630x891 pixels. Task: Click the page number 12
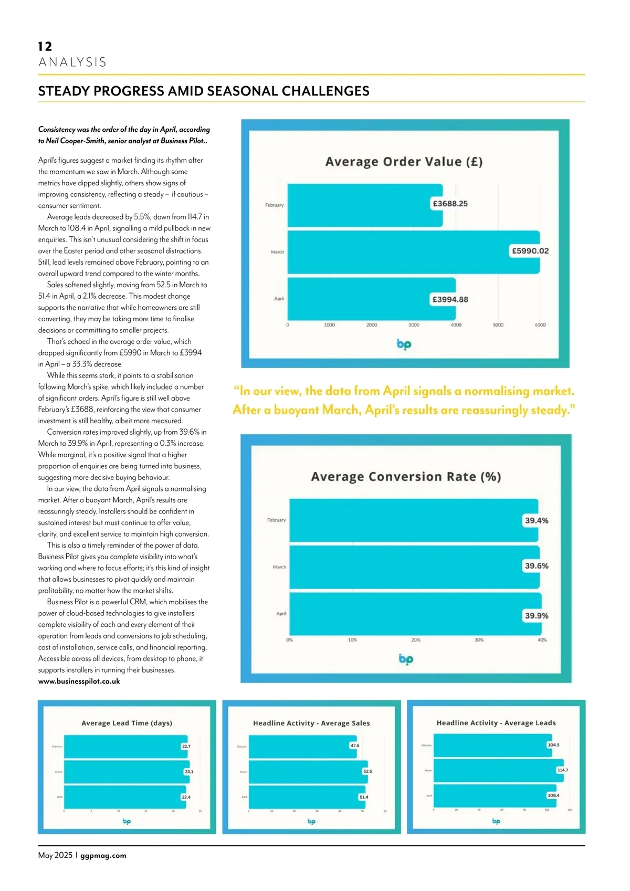coord(45,47)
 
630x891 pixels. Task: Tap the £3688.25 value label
coord(450,204)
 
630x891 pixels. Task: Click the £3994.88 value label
coord(450,299)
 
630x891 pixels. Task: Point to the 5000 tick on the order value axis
coord(498,325)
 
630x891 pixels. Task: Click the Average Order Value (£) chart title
coord(404,162)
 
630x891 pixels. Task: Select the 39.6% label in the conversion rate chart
coord(536,566)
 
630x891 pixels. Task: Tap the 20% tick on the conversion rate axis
coord(416,640)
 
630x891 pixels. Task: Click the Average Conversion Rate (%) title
coord(406,477)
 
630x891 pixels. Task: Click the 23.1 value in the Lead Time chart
coord(189,772)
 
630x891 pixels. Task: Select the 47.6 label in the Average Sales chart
coord(355,746)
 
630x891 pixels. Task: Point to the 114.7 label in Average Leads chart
coord(562,770)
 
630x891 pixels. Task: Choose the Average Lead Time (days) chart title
coord(127,723)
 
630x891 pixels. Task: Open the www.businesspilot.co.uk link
coord(79,682)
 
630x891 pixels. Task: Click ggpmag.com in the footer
coord(103,855)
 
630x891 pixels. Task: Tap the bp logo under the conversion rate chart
coord(406,659)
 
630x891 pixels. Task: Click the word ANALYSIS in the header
coord(72,62)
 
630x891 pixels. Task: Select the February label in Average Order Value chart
coord(274,205)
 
